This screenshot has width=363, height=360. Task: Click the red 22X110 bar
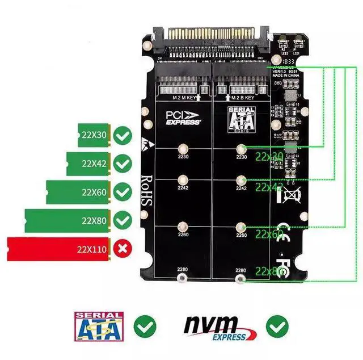tap(59, 249)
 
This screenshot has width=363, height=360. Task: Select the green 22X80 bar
tap(67, 220)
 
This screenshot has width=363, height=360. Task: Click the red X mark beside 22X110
tap(121, 248)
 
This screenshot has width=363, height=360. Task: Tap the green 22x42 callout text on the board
tap(269, 187)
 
